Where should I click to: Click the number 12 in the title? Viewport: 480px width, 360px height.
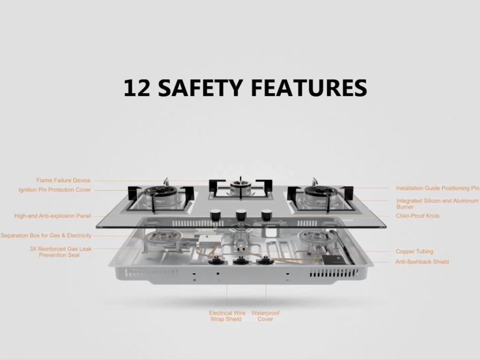[x=137, y=88]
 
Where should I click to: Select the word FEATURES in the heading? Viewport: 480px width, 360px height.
[x=309, y=88]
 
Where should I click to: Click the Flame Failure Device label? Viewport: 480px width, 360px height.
[x=63, y=180]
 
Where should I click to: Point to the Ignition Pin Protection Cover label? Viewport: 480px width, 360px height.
[x=54, y=190]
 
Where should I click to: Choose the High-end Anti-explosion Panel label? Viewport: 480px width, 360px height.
[x=52, y=216]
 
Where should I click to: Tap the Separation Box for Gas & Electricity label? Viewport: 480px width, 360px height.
[x=46, y=235]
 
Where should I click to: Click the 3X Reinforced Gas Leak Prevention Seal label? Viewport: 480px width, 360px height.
[x=60, y=252]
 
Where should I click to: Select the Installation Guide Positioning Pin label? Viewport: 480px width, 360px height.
[x=437, y=188]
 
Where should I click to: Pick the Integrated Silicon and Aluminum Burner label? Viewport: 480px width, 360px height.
[x=437, y=203]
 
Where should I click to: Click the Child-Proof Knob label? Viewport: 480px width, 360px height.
[x=418, y=216]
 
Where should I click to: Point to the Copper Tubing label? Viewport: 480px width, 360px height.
[x=414, y=251]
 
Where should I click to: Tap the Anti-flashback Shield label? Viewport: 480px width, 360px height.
[x=422, y=262]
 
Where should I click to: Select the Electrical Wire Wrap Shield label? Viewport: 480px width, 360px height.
[x=227, y=316]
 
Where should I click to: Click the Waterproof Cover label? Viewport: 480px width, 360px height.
[x=265, y=316]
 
